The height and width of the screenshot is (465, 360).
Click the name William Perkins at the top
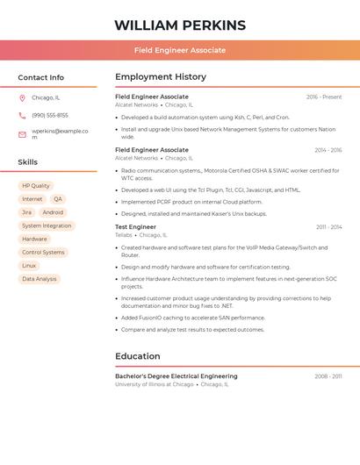[180, 25]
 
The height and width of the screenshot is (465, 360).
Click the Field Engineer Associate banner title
[180, 50]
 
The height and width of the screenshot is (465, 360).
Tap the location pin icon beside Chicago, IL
[22, 98]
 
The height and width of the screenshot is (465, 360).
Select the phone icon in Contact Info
[22, 115]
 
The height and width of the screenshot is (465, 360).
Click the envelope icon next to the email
[22, 134]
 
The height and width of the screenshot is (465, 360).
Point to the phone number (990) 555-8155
[50, 115]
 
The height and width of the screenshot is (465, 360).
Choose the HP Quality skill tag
[36, 186]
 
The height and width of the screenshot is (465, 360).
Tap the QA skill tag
[58, 199]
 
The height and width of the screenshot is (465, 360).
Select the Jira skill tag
[26, 212]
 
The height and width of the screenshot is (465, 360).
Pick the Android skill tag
[53, 212]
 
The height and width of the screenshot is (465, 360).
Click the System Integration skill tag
[47, 225]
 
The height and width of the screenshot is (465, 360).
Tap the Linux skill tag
[29, 265]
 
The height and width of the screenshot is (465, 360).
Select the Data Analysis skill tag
[40, 279]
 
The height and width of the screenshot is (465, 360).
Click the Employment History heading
[161, 77]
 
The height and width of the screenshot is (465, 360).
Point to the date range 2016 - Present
[324, 97]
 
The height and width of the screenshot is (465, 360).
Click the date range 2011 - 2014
[329, 227]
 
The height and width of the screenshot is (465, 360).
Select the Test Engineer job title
[135, 227]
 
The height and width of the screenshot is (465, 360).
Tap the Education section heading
[138, 356]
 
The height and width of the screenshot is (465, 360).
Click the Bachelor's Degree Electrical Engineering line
[176, 376]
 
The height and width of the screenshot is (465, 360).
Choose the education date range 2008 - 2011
[328, 376]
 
